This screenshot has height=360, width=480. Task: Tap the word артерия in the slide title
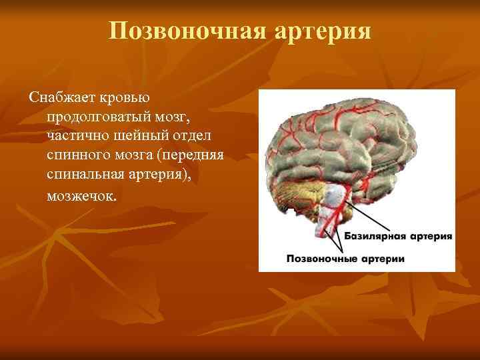pyautogui.click(x=324, y=31)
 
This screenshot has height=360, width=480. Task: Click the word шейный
pyautogui.click(x=135, y=137)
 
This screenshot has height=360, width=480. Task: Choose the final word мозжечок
pyautogui.click(x=81, y=197)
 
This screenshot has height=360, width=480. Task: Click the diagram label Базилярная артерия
pyautogui.click(x=398, y=236)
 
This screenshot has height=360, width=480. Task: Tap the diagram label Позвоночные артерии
pyautogui.click(x=345, y=257)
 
